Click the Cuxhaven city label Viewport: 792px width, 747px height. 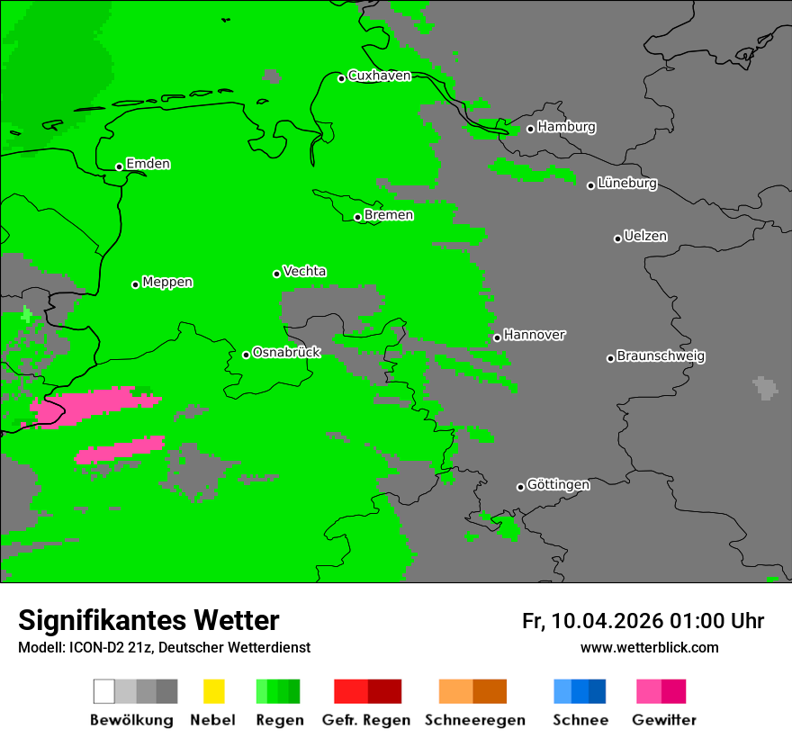tap(379, 76)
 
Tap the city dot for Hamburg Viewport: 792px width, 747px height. tap(530, 129)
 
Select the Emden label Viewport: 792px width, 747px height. tap(148, 164)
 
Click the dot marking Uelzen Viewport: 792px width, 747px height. tap(617, 238)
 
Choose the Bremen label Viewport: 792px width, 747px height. tap(389, 215)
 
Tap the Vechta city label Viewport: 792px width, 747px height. tap(304, 271)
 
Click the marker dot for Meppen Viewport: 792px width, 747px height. tap(135, 284)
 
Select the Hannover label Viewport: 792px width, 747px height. tap(535, 335)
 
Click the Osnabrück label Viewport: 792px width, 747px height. tap(286, 353)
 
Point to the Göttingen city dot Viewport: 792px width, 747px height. tap(520, 487)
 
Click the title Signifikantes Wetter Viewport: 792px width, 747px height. tap(148, 620)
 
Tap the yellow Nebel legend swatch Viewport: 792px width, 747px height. tap(213, 691)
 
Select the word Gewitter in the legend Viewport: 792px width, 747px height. tap(664, 720)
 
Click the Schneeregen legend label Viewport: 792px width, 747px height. tap(475, 720)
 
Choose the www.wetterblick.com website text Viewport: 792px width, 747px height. tap(649, 647)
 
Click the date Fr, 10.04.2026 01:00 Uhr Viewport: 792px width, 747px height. tap(643, 621)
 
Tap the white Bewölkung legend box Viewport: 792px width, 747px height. tap(104, 691)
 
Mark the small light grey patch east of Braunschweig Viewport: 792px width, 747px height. tap(765, 388)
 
